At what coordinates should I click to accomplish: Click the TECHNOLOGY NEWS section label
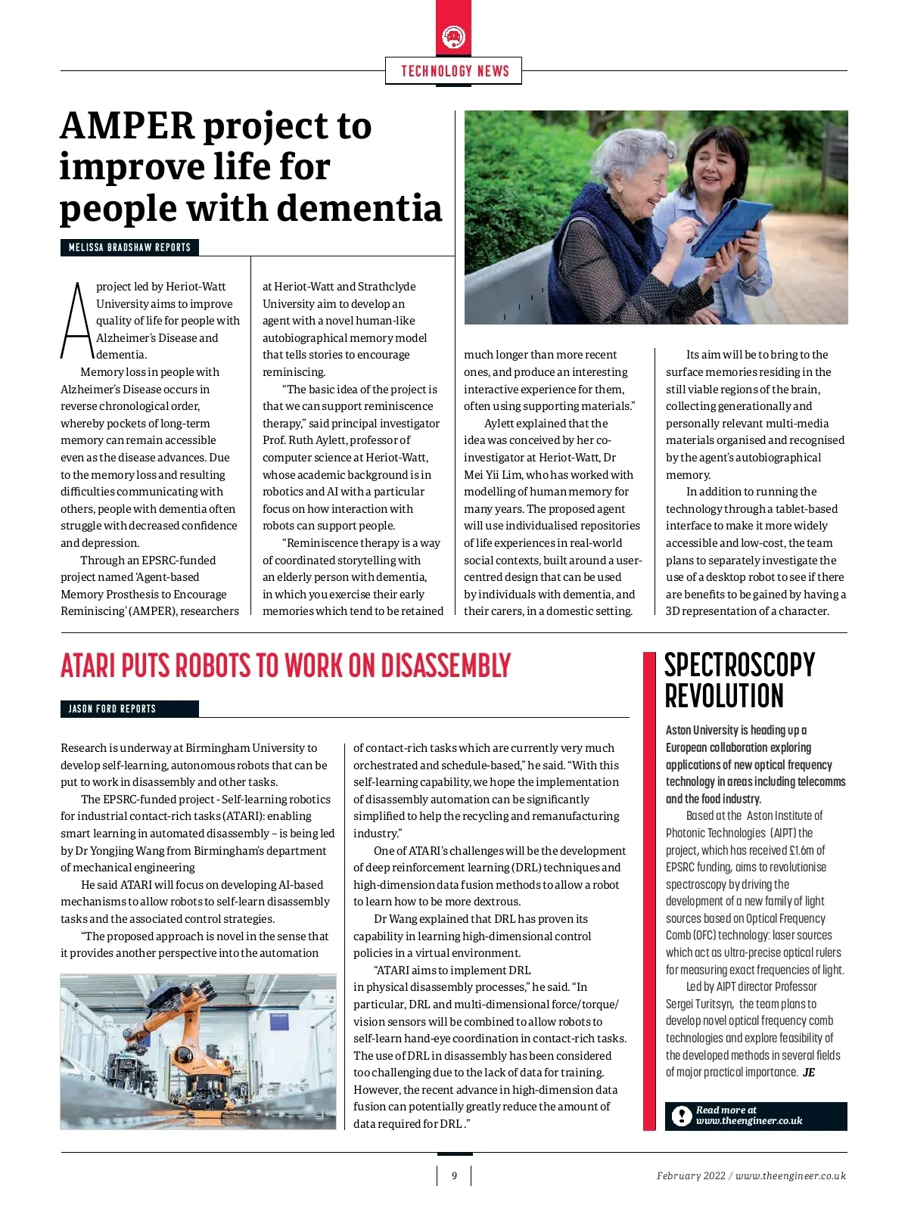click(x=454, y=71)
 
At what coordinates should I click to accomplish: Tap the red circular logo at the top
click(x=453, y=36)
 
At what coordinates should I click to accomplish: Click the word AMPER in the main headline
click(x=127, y=126)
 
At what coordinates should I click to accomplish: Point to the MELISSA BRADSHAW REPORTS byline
click(x=129, y=247)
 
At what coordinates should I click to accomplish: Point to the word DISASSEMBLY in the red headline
click(x=446, y=666)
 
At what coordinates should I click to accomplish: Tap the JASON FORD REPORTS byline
click(x=112, y=709)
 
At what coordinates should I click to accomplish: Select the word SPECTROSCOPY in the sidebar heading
click(x=739, y=666)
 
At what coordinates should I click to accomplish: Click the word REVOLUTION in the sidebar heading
click(x=724, y=696)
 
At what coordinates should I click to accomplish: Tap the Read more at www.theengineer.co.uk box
click(x=755, y=1116)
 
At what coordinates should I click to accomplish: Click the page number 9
click(x=454, y=1175)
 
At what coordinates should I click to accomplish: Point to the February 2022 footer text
click(x=690, y=1175)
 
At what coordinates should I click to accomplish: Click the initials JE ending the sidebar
click(x=809, y=1073)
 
